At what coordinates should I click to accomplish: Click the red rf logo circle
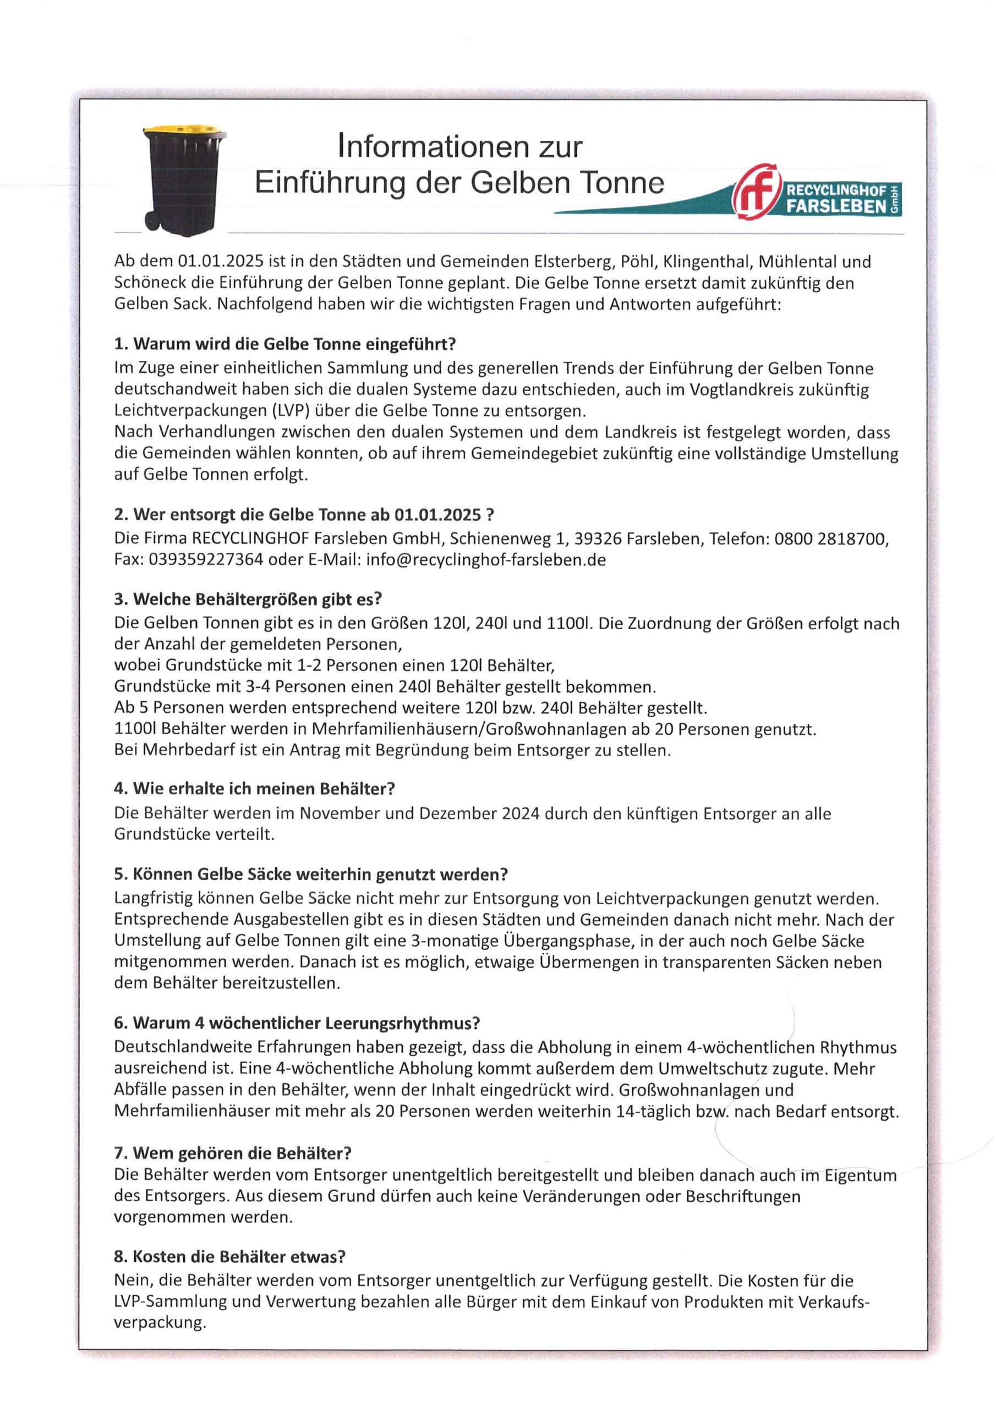[757, 191]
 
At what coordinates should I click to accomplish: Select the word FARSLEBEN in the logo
[836, 207]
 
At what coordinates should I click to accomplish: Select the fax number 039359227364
[206, 560]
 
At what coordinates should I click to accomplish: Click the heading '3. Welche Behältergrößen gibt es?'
[248, 599]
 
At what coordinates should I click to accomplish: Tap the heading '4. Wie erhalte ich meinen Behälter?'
[255, 789]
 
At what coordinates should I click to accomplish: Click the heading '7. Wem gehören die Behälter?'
[233, 1153]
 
